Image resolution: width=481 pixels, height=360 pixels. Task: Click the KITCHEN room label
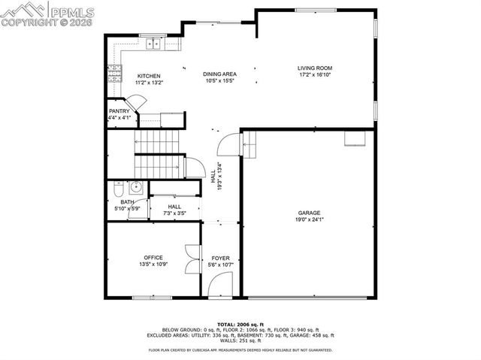point(149,76)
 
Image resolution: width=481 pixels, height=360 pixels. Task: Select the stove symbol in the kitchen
point(116,74)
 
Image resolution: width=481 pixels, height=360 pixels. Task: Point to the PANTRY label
point(119,111)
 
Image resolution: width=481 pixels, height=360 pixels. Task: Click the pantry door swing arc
point(136,101)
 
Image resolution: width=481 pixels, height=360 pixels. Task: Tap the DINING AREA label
point(219,74)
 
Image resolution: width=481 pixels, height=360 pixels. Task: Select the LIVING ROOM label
point(315,68)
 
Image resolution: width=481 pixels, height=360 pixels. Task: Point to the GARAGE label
point(309,213)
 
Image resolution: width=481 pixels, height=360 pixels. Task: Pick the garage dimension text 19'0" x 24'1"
point(309,221)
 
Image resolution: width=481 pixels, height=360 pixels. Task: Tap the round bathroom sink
point(137,187)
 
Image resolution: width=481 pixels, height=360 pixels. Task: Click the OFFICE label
point(153,258)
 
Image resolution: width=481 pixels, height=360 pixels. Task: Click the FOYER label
point(220,258)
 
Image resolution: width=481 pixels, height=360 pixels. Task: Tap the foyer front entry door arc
point(219,285)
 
